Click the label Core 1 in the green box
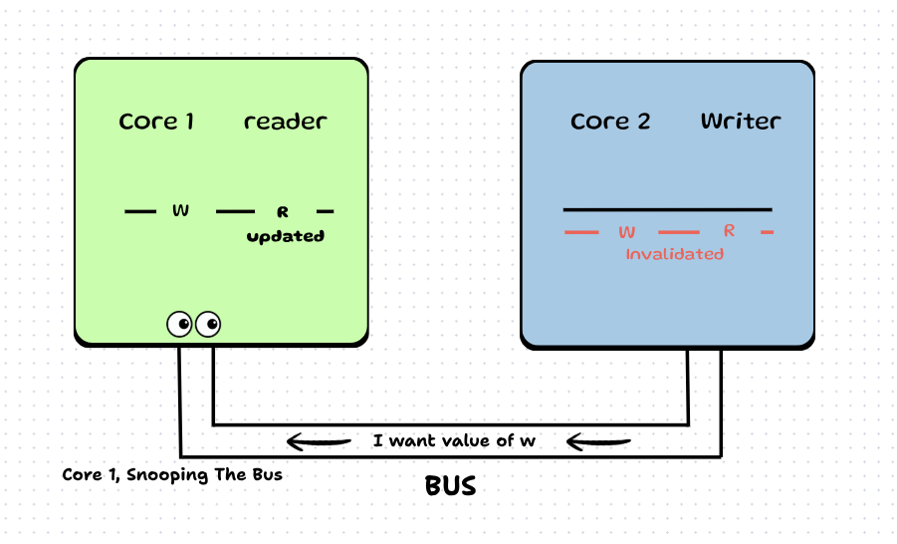click(156, 122)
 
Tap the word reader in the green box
click(285, 122)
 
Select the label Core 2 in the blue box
click(610, 122)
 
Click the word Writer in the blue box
click(741, 122)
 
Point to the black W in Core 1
click(180, 210)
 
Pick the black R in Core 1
click(283, 212)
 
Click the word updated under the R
click(286, 237)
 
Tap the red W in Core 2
click(626, 232)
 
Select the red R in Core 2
click(729, 231)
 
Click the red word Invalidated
click(674, 254)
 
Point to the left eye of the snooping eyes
click(179, 324)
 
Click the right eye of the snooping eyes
click(208, 324)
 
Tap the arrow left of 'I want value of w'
click(319, 440)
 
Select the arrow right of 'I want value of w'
click(598, 440)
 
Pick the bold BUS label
click(450, 487)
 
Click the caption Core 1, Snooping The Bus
click(172, 475)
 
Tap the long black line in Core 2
click(667, 209)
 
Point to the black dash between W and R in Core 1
click(236, 211)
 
